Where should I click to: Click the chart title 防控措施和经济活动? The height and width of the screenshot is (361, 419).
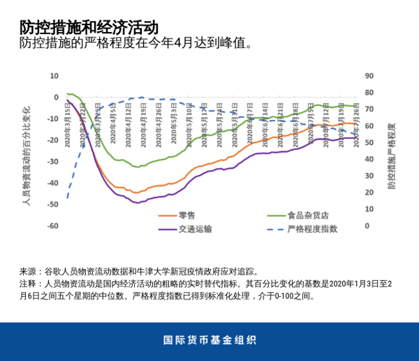(x=89, y=27)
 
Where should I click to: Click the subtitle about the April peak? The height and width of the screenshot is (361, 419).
(x=135, y=44)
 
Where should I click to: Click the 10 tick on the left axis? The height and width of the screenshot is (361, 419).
(x=54, y=75)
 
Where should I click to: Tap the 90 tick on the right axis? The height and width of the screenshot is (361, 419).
(x=370, y=75)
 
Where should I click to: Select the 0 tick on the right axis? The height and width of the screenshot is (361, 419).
(x=368, y=226)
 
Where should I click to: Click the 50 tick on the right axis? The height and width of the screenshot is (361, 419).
(x=370, y=143)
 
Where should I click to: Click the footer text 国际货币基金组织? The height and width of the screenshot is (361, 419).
(x=209, y=341)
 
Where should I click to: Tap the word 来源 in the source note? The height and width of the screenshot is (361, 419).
(x=27, y=271)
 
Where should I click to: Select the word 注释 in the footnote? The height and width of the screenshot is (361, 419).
(x=27, y=284)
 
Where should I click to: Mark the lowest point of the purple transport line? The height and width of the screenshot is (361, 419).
(x=137, y=203)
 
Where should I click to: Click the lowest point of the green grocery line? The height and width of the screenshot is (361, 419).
(x=138, y=167)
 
